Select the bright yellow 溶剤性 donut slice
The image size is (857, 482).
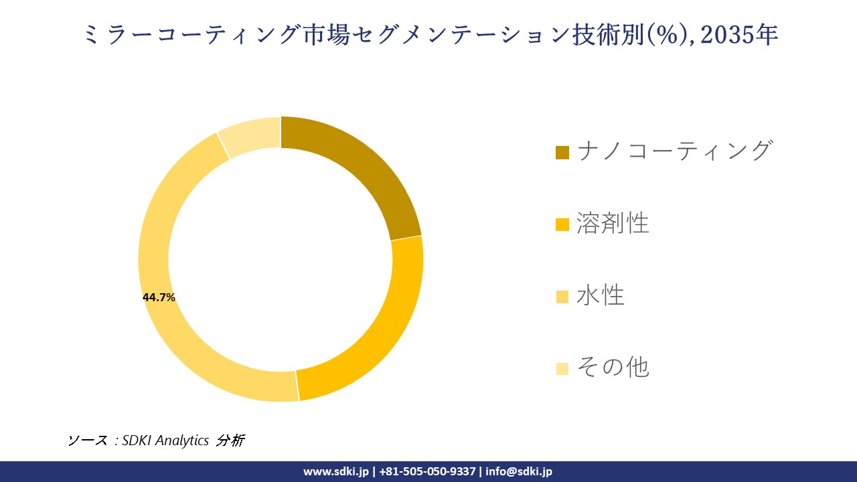pos(371,328)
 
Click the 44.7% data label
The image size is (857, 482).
pos(159,298)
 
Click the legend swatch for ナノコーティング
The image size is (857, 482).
pos(562,153)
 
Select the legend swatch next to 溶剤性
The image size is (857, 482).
pos(562,225)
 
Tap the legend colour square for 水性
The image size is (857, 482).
pos(562,297)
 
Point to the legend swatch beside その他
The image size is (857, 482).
pos(562,368)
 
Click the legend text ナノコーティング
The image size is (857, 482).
pos(674,151)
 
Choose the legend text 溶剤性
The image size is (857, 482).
pos(613,223)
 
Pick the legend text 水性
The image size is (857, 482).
pos(601,295)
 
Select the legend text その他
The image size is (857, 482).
pos(613,367)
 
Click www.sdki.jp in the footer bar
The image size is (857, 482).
pos(335,471)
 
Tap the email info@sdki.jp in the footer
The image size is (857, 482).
pos(519,471)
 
